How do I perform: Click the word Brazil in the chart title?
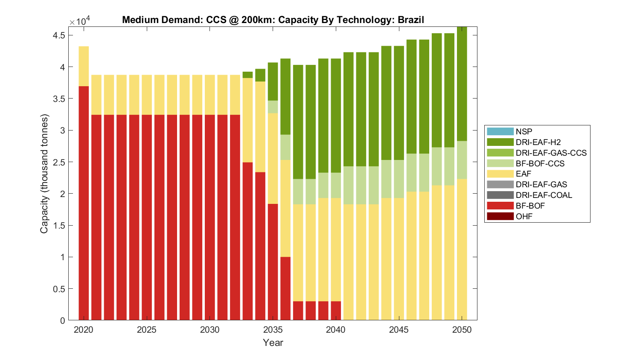[x=411, y=20]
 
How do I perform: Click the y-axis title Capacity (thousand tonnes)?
[x=44, y=174]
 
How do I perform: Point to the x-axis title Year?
[x=273, y=343]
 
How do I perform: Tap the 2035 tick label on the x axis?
[x=273, y=330]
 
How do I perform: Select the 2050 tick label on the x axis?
[x=462, y=330]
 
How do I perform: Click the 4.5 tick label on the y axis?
[x=59, y=35]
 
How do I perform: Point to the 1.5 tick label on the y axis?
[x=59, y=225]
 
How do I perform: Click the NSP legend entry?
[x=524, y=132]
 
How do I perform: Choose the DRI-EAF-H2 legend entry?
[x=538, y=142]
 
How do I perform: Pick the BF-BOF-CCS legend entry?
[x=540, y=163]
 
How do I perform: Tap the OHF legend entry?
[x=524, y=216]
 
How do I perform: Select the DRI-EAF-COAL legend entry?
[x=544, y=195]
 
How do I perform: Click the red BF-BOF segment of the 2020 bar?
[x=84, y=203]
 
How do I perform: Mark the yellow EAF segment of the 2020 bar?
[x=84, y=66]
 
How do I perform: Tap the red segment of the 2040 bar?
[x=336, y=311]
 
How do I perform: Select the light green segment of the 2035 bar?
[x=273, y=107]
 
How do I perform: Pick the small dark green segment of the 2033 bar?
[x=248, y=75]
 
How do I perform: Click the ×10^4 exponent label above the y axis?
[x=80, y=21]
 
